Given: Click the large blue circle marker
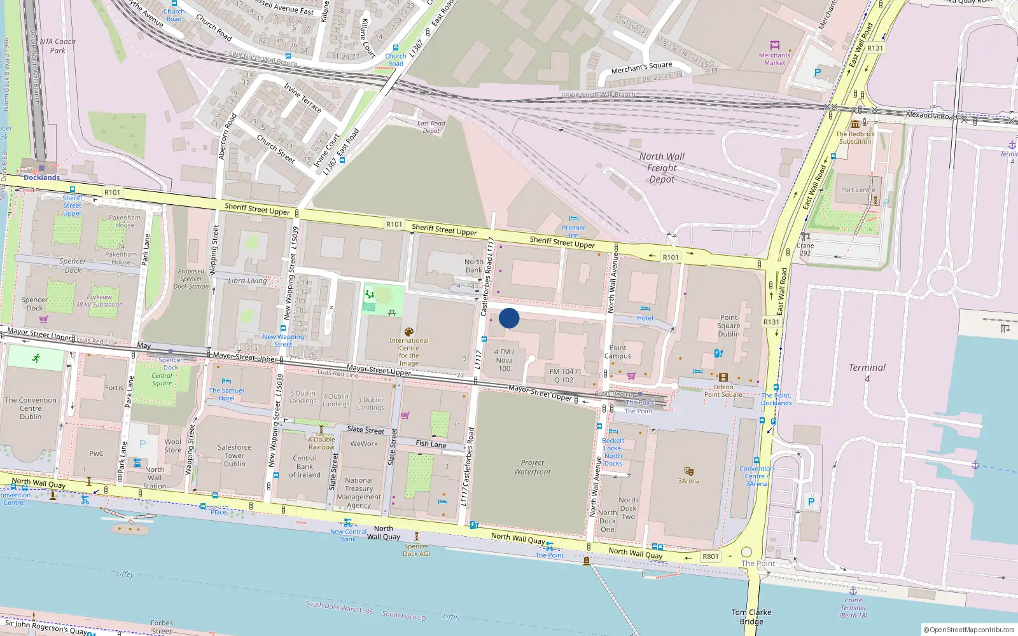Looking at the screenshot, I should (509, 318).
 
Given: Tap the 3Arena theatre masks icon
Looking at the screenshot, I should (688, 471).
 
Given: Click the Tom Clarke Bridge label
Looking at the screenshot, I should (751, 617).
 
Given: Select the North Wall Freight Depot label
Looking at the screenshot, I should (662, 168).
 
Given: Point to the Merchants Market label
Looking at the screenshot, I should (774, 59).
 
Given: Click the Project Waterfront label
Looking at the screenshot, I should (533, 467).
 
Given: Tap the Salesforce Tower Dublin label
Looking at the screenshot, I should (234, 455).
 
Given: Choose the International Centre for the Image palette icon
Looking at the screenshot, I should (408, 332).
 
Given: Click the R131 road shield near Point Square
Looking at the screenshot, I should (771, 322).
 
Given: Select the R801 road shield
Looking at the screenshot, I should (711, 556).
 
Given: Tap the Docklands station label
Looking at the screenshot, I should (41, 177).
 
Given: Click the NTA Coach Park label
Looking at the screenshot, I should (57, 46).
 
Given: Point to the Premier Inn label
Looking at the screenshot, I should (573, 231).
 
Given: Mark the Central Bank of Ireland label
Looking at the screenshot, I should (305, 466).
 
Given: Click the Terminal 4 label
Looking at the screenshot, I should (867, 372).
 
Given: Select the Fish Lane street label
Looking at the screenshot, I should (431, 443).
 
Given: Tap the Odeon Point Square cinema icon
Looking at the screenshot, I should (723, 377).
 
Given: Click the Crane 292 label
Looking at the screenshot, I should (805, 249).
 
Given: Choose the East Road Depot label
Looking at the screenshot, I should (431, 127).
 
